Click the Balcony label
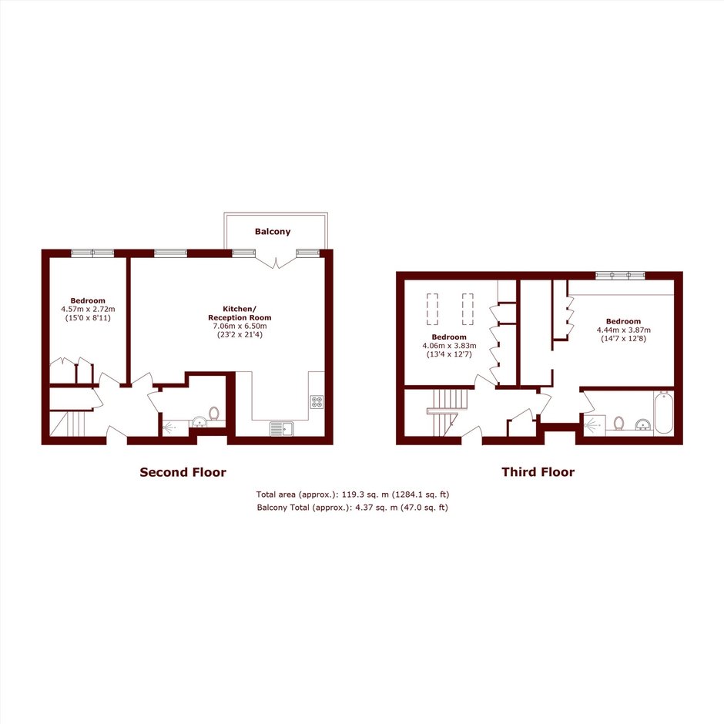click(x=273, y=231)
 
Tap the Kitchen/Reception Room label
click(x=240, y=313)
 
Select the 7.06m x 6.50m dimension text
click(x=240, y=326)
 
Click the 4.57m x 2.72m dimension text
click(x=88, y=310)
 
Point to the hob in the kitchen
click(x=317, y=402)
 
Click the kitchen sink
click(x=282, y=428)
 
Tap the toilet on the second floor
click(x=214, y=413)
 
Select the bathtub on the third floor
click(x=663, y=412)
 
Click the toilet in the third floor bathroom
click(x=618, y=423)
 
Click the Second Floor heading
click(x=183, y=472)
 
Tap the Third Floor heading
click(x=538, y=472)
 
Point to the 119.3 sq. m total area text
click(x=353, y=494)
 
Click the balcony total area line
click(x=352, y=508)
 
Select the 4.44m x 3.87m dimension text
click(x=623, y=330)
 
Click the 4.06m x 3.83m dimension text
click(x=449, y=345)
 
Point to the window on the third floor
click(x=620, y=276)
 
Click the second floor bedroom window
click(x=92, y=253)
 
